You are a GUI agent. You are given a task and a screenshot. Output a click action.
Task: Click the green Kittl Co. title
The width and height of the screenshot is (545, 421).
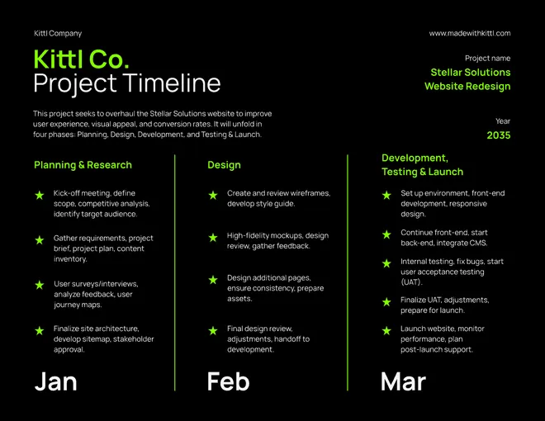(x=81, y=59)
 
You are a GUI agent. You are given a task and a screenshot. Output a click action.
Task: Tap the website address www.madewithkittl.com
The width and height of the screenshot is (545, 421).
(x=470, y=33)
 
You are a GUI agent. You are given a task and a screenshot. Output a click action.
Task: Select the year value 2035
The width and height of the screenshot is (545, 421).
(x=499, y=135)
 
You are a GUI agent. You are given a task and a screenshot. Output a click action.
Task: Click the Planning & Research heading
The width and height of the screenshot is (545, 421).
(x=83, y=165)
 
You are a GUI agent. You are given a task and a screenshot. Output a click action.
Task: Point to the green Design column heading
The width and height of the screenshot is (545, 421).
(x=224, y=165)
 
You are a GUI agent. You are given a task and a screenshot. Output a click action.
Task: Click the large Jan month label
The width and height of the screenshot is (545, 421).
(x=55, y=381)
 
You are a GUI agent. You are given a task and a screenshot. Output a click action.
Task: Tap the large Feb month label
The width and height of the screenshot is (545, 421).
(x=229, y=381)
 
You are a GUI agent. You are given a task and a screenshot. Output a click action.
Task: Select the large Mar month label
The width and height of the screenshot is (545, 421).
(x=403, y=381)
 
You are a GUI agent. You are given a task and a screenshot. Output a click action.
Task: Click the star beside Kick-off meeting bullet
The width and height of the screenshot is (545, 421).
(x=40, y=195)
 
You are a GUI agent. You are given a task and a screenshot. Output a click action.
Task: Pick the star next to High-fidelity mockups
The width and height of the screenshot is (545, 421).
(x=213, y=238)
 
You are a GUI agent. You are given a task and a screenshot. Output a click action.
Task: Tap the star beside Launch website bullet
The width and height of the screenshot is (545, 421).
(x=386, y=331)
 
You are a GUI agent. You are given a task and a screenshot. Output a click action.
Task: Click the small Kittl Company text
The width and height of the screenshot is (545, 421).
(x=58, y=33)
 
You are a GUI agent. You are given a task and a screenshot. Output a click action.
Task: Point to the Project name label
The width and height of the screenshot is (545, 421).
(x=488, y=59)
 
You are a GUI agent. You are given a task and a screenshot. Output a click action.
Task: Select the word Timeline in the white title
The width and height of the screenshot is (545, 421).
(x=172, y=83)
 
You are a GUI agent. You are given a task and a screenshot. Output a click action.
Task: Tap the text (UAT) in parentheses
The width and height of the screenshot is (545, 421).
(x=411, y=282)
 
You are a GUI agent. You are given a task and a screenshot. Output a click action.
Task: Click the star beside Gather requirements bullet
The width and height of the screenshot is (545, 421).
(x=40, y=240)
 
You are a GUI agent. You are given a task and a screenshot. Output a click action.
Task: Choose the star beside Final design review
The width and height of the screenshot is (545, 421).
(x=213, y=331)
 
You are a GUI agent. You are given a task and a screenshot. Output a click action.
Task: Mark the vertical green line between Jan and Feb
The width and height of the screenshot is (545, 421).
(x=175, y=272)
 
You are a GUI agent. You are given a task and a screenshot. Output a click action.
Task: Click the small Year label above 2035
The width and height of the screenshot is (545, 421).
(x=503, y=121)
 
